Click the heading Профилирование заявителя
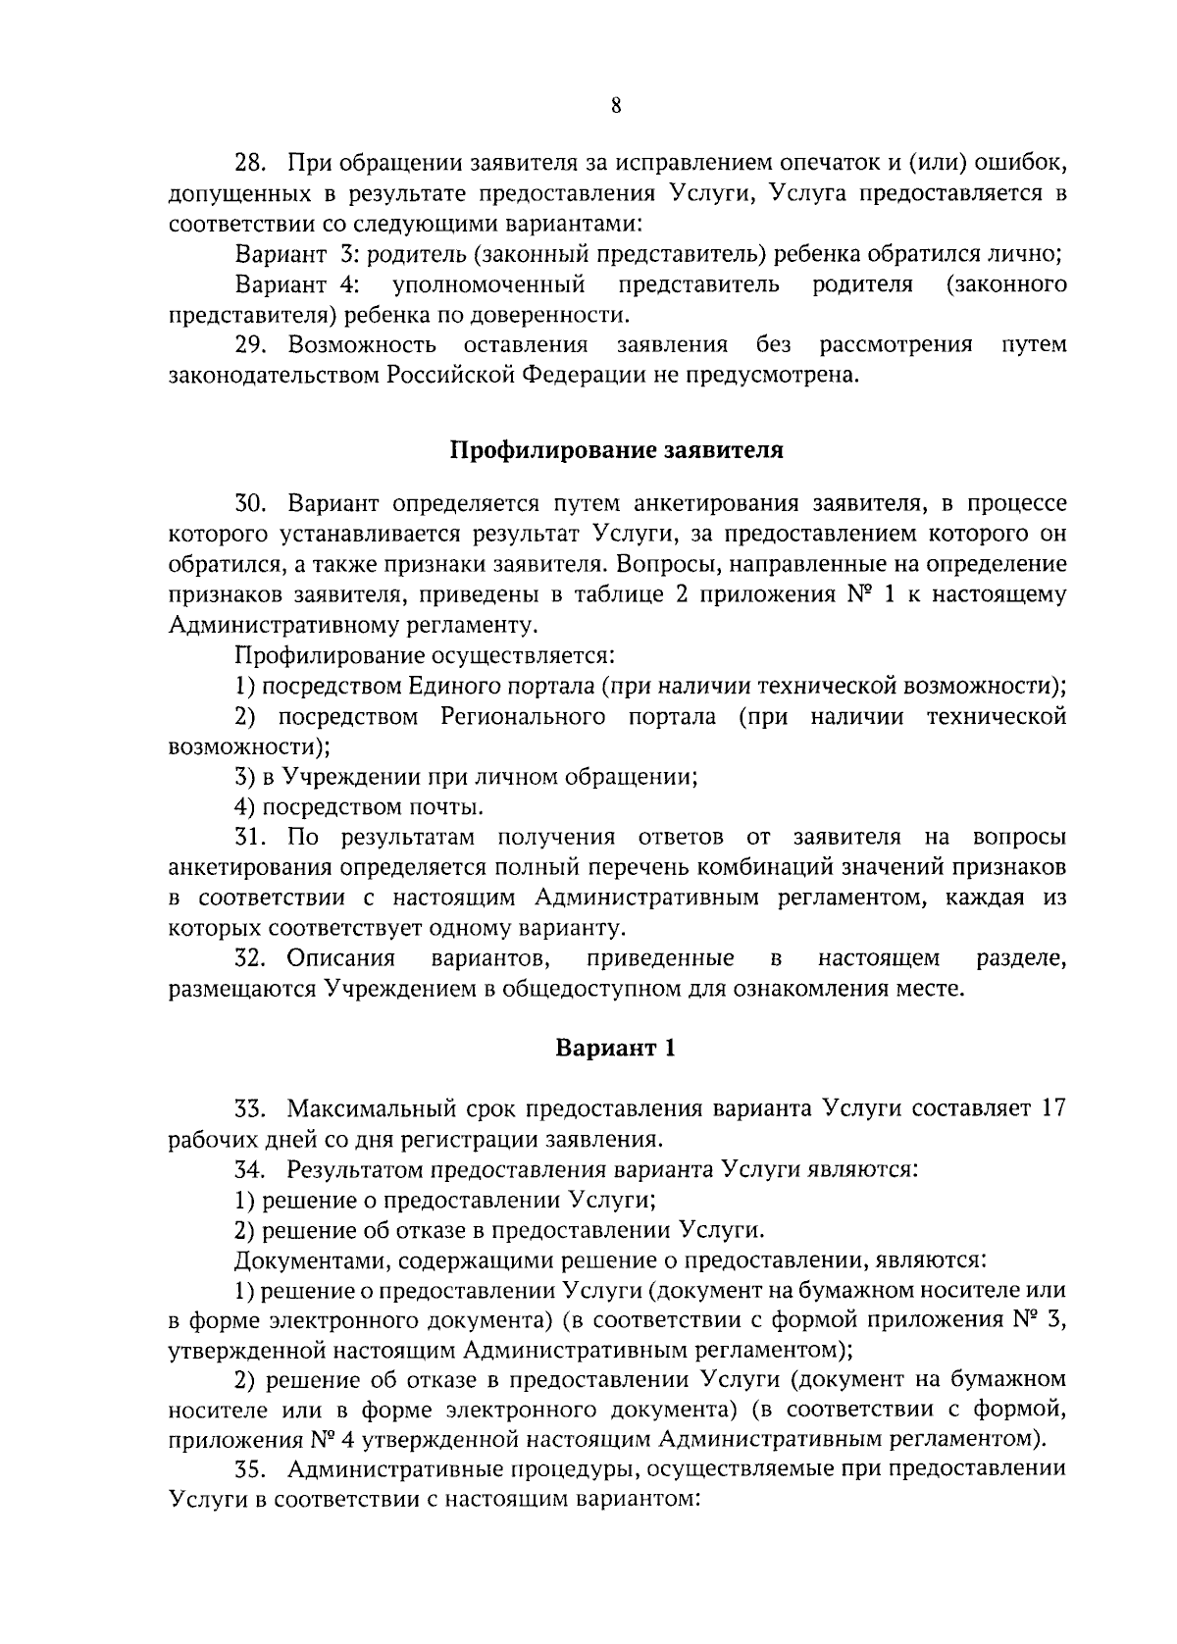[x=616, y=450]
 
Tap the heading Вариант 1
[x=616, y=1048]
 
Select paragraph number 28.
[x=251, y=160]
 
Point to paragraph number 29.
[x=251, y=344]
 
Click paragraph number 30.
[x=251, y=504]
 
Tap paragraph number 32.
[x=251, y=957]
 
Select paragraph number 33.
[x=251, y=1108]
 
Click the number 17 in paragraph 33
[x=1052, y=1108]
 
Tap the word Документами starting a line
[x=300, y=1259]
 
